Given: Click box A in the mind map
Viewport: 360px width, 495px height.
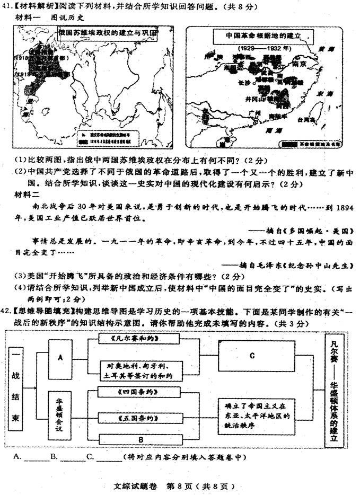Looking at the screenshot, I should click(x=61, y=358).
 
